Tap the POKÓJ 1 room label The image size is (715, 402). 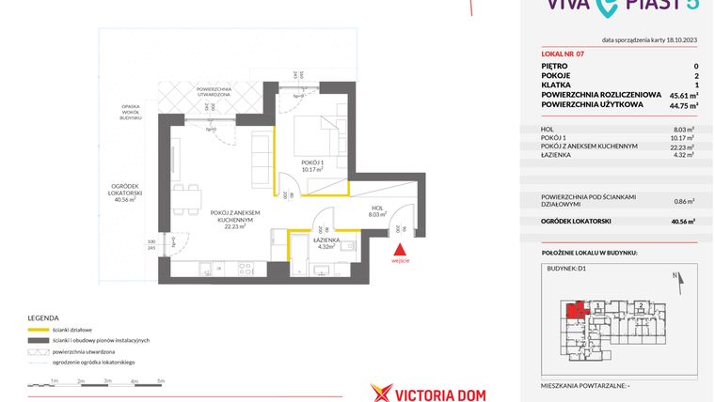pyautogui.click(x=312, y=164)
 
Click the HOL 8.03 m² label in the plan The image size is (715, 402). pyautogui.click(x=376, y=210)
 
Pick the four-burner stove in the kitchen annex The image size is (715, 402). pyautogui.click(x=242, y=270)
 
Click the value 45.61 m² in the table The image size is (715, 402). pyautogui.click(x=681, y=95)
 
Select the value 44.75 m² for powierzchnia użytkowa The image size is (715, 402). pyautogui.click(x=681, y=105)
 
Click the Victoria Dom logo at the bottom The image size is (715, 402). pyautogui.click(x=428, y=391)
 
